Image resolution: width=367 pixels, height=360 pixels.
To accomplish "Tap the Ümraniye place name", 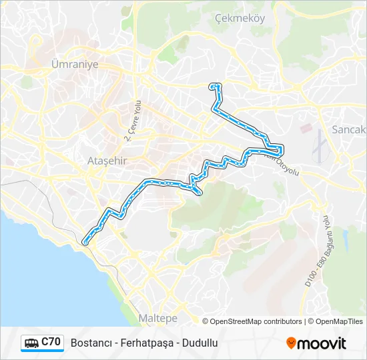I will pyautogui.click(x=75, y=65).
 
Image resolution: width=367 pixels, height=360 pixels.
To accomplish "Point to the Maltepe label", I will pyautogui.click(x=157, y=318).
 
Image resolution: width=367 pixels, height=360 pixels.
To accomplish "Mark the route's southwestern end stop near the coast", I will pyautogui.click(x=85, y=243).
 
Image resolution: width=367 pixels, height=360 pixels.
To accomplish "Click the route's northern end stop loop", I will pyautogui.click(x=214, y=86).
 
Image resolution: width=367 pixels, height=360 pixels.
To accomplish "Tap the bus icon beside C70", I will pyautogui.click(x=31, y=343).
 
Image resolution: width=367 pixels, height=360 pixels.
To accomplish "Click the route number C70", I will pyautogui.click(x=51, y=343).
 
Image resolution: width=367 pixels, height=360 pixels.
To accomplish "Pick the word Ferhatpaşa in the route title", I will pyautogui.click(x=144, y=343).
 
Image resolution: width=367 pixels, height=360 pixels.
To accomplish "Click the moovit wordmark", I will pyautogui.click(x=322, y=343).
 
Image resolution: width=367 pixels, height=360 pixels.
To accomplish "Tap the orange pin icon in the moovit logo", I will pyautogui.click(x=291, y=343).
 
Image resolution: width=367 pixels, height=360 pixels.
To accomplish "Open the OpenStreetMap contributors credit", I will pyautogui.click(x=256, y=321).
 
